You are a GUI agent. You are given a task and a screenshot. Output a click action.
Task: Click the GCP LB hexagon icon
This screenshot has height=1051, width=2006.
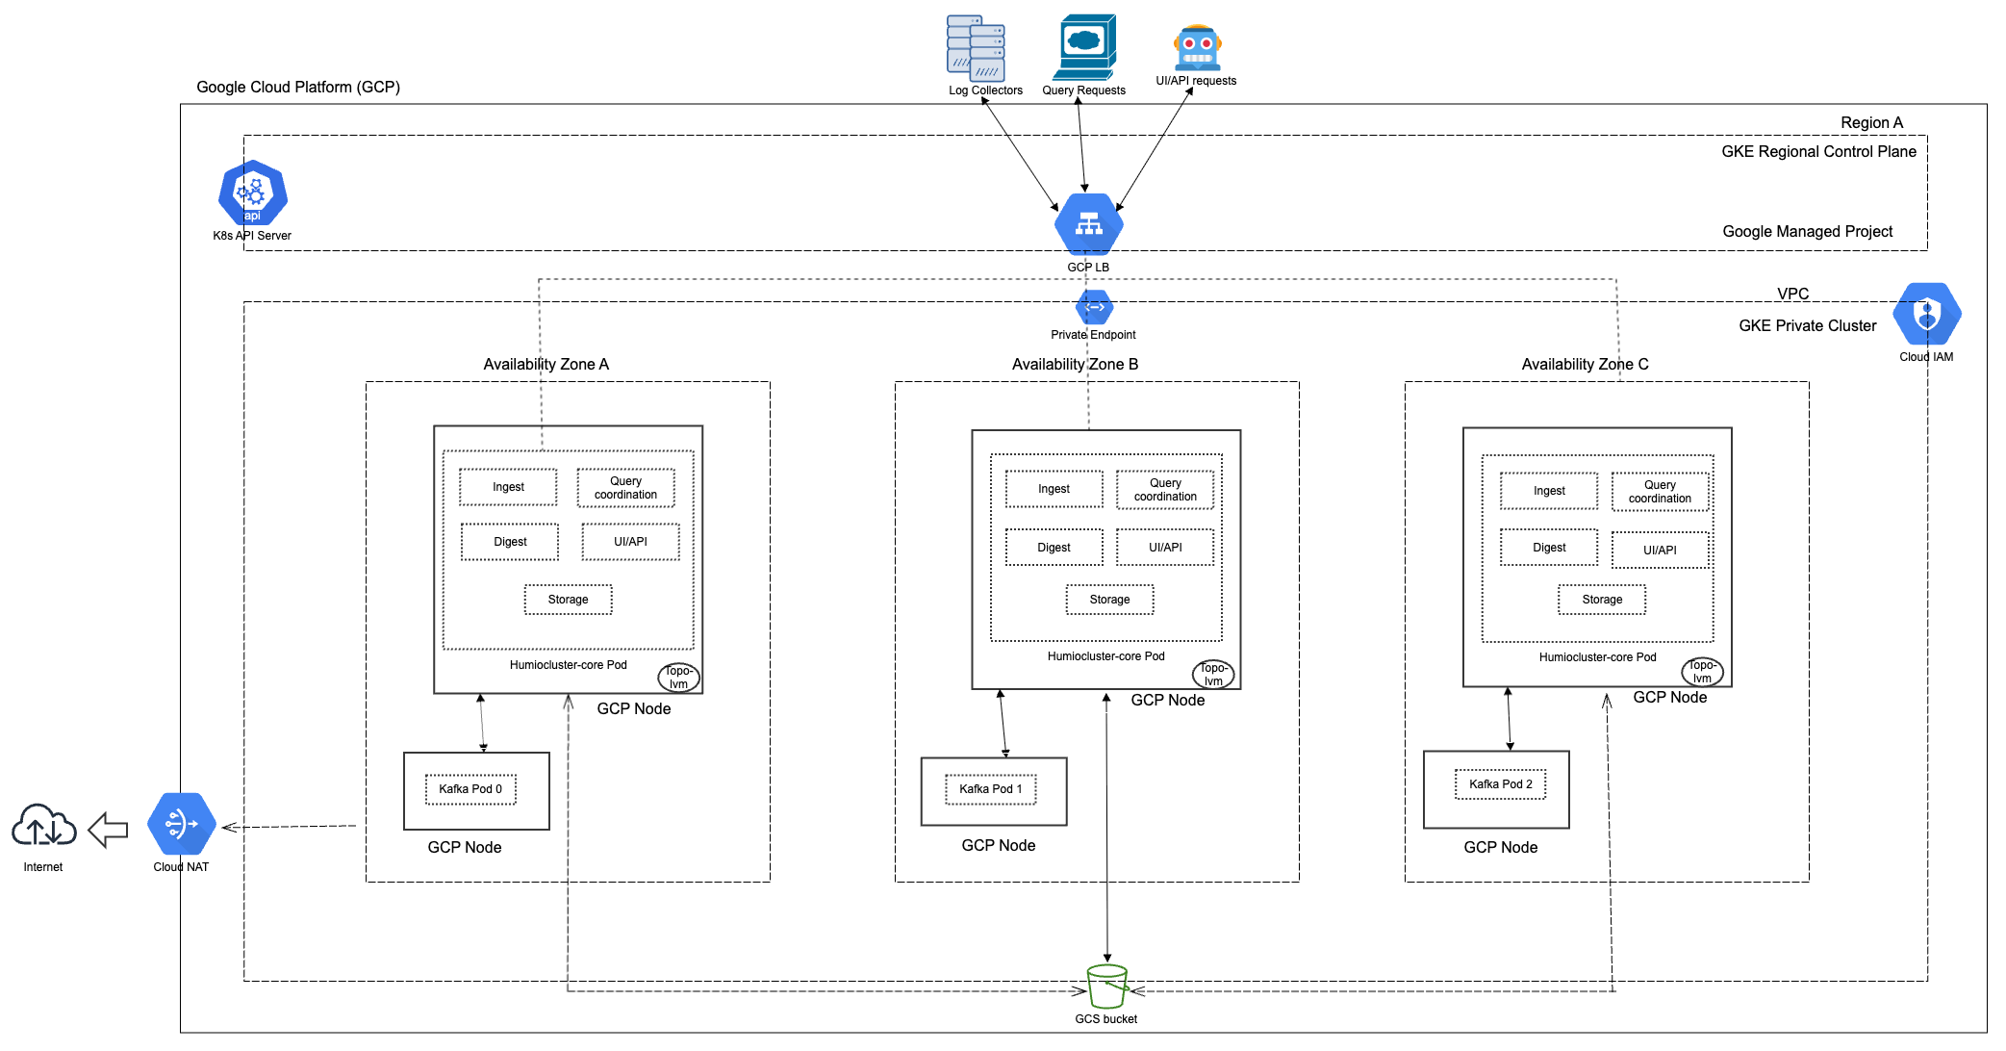click(1088, 223)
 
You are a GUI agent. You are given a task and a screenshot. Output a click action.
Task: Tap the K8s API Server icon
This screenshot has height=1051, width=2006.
click(252, 192)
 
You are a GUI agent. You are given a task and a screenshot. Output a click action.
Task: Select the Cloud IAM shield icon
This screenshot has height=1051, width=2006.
click(1926, 314)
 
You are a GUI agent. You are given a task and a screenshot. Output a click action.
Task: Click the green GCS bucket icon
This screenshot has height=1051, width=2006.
click(1106, 987)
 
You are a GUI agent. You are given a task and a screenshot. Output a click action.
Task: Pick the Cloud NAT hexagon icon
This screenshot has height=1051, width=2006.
click(181, 824)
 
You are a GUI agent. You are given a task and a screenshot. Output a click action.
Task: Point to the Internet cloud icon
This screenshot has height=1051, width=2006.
click(44, 826)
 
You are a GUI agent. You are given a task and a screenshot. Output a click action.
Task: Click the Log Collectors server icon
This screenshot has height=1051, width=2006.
click(976, 48)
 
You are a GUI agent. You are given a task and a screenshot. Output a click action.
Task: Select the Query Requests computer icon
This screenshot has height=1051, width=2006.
click(1085, 46)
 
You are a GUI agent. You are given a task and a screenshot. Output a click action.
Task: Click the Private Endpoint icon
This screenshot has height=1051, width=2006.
click(1094, 308)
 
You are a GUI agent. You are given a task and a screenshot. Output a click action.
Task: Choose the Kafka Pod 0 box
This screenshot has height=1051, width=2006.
click(470, 789)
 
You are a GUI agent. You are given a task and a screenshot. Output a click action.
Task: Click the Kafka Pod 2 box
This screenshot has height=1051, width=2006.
click(1500, 784)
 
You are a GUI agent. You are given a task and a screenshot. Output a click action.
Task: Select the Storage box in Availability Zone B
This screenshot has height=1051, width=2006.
click(1109, 600)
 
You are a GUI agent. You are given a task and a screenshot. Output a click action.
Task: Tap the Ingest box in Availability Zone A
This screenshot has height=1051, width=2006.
click(508, 487)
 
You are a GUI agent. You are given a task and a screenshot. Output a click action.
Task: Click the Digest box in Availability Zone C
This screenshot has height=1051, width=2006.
click(1549, 548)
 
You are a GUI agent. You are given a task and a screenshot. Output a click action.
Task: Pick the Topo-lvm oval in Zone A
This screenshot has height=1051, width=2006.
click(678, 678)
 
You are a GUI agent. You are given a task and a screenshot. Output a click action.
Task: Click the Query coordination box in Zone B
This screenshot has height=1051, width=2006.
click(1165, 490)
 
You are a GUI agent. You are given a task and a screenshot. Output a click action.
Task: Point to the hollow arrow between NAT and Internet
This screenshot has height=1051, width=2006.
click(108, 829)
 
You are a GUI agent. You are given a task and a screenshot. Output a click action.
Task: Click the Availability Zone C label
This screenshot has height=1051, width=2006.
click(1585, 364)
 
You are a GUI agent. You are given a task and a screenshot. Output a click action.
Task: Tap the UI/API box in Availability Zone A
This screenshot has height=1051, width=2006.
click(630, 542)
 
